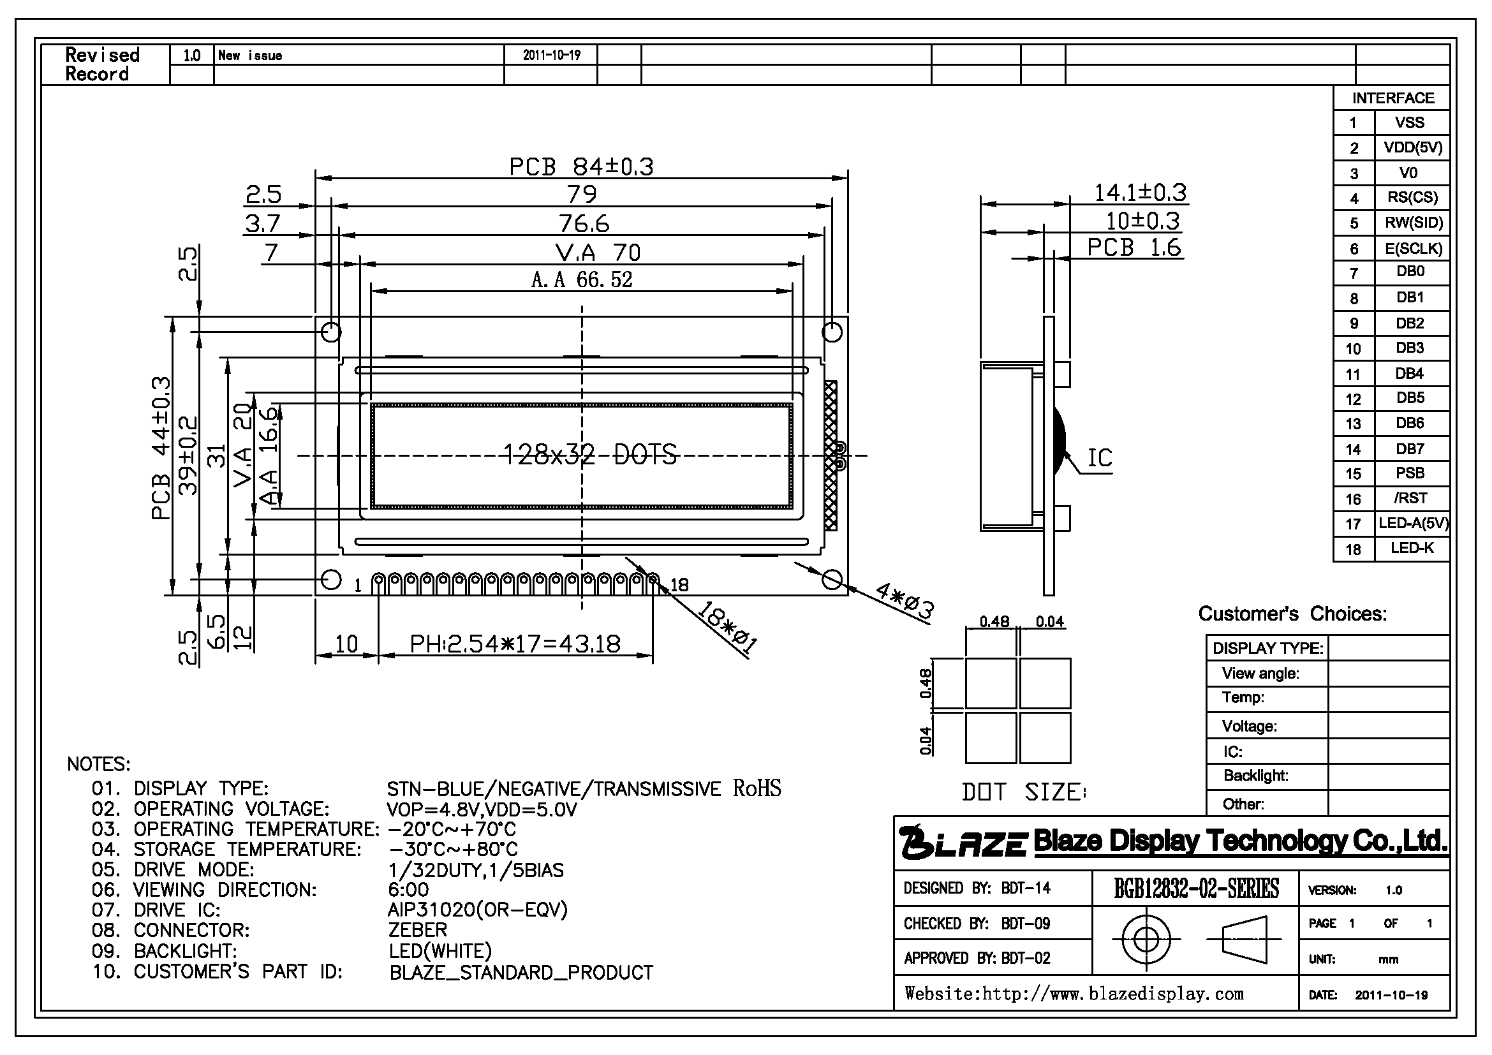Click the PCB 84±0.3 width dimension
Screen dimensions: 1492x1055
tap(581, 166)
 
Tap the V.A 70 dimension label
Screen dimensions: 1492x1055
tap(598, 252)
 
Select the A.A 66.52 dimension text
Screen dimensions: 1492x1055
tap(582, 279)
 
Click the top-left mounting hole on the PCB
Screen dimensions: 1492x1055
tap(332, 332)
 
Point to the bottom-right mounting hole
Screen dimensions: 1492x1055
tap(832, 579)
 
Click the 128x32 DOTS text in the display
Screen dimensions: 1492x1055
tap(591, 454)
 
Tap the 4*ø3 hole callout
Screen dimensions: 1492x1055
tap(904, 601)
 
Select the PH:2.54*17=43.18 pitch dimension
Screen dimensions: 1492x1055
tap(515, 644)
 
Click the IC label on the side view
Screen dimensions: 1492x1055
tap(1100, 458)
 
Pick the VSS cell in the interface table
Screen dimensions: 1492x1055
tap(1409, 122)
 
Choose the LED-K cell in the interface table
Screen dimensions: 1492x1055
tap(1412, 548)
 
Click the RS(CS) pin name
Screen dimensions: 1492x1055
tap(1412, 197)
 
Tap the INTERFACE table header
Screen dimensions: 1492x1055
tap(1393, 98)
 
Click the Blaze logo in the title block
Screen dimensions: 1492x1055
tap(963, 841)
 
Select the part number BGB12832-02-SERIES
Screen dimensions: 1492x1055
tap(1196, 888)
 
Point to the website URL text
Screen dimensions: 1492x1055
tap(1074, 993)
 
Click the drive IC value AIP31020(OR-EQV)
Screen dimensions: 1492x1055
tap(478, 910)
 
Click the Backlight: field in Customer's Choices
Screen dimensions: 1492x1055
tap(1255, 775)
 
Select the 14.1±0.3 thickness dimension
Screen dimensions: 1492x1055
tap(1140, 192)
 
